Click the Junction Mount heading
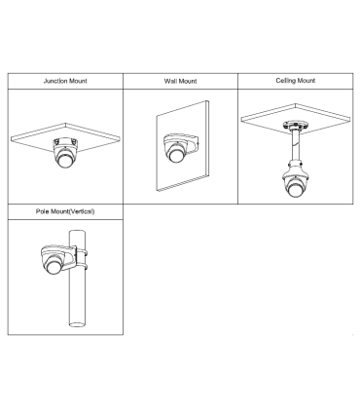pos(65,81)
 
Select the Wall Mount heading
pos(180,81)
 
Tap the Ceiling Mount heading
pos(296,81)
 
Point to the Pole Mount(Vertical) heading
pos(65,211)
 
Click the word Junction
pos(54,81)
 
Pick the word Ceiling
pos(285,81)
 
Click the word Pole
pos(43,211)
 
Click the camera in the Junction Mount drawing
pos(65,153)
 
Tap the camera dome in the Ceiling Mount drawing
pos(294,186)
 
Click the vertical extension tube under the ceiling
pos(295,145)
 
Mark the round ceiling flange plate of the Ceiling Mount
pos(295,126)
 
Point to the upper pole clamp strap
pos(82,252)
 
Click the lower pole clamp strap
pos(82,267)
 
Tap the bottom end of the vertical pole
pos(77,324)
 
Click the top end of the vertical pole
pos(77,232)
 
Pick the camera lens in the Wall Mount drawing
pos(176,156)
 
